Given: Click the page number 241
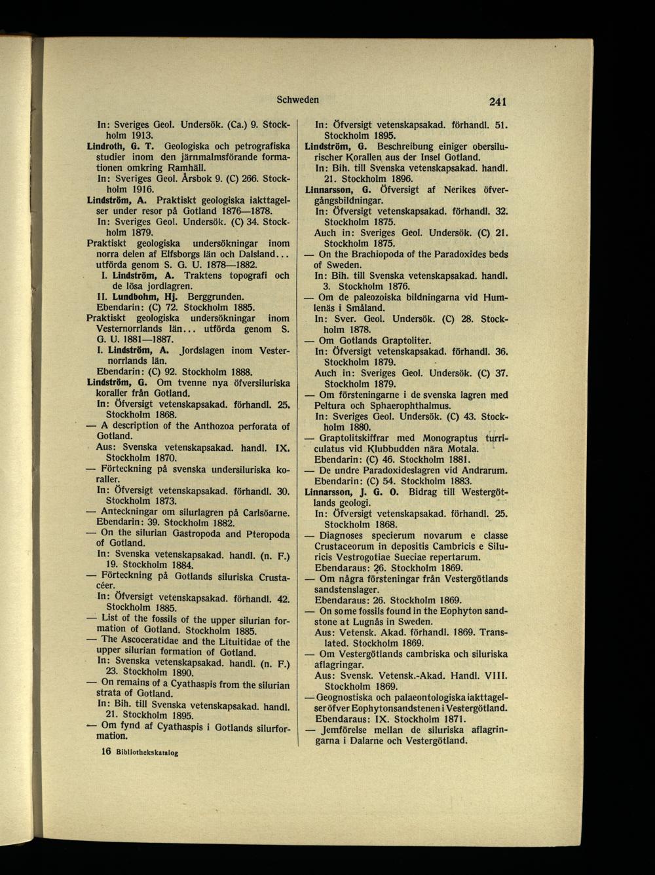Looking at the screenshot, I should click(x=498, y=102).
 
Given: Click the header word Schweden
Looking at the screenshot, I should click(x=298, y=100).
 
